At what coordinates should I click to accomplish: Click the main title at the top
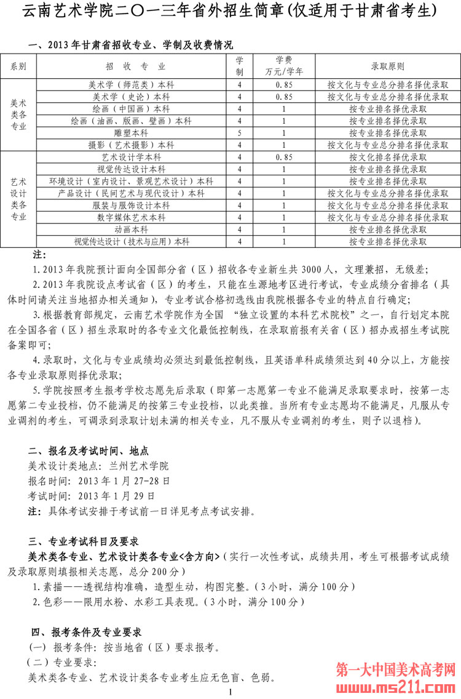coord(230,11)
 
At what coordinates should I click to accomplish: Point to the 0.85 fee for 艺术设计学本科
coord(283,158)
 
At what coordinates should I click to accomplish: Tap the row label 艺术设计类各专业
coord(19,199)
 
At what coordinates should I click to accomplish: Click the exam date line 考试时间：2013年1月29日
coord(92,495)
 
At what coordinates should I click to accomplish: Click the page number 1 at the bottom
coord(230,693)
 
